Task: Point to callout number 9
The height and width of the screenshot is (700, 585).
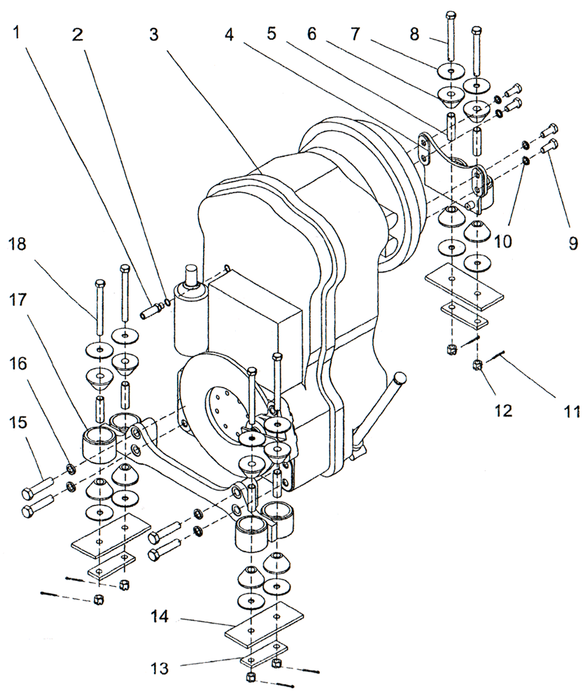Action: click(x=572, y=243)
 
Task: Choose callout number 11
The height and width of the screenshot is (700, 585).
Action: click(x=572, y=412)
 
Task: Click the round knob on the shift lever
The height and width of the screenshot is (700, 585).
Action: click(x=400, y=379)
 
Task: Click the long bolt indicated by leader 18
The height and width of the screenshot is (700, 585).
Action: click(x=101, y=308)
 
